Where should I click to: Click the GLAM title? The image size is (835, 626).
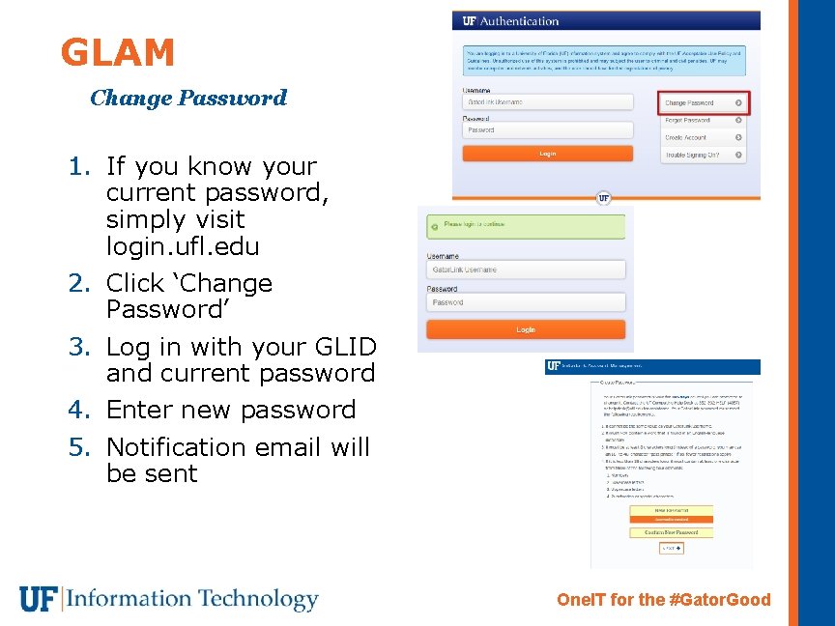(117, 53)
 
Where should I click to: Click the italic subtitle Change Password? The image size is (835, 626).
(188, 98)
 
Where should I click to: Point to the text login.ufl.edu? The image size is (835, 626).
(183, 246)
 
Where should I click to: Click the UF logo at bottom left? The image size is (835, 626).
(39, 599)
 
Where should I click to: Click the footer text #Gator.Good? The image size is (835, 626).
(719, 600)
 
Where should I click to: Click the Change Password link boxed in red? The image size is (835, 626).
(703, 102)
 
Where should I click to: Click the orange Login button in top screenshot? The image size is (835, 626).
(547, 154)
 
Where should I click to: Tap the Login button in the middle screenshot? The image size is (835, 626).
(526, 330)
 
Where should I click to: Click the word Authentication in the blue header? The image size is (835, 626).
(519, 21)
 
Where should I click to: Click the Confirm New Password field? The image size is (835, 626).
(671, 532)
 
